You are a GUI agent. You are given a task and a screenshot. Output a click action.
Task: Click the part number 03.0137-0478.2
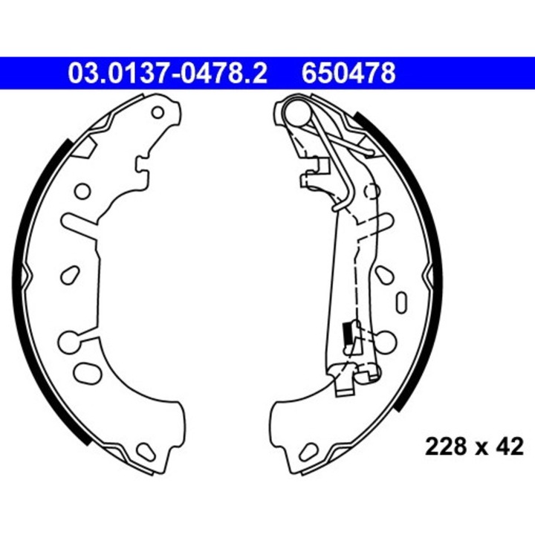[167, 74]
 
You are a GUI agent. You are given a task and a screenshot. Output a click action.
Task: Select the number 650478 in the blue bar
[348, 74]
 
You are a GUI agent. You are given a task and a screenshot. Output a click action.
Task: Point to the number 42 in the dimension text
[510, 447]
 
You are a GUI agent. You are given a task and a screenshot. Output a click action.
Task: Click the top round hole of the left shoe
[158, 113]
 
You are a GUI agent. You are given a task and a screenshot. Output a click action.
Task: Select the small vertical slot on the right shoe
[403, 302]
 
